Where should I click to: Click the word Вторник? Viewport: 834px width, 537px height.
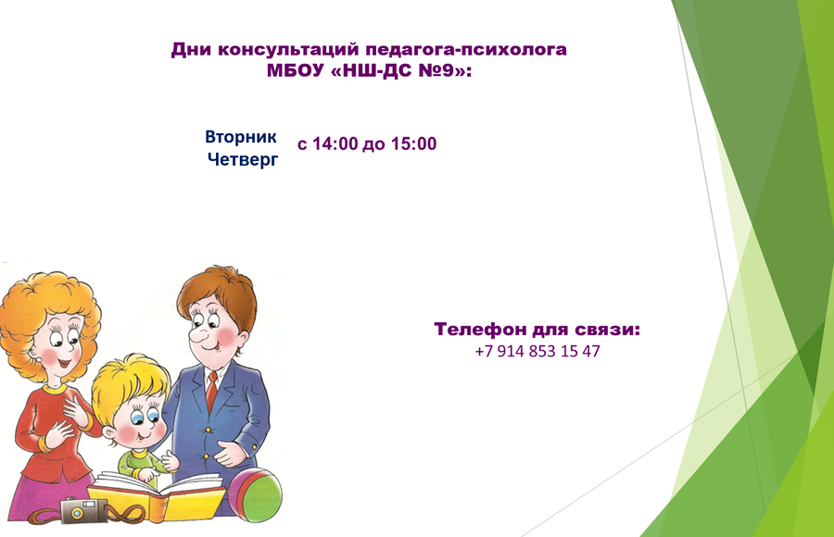240,137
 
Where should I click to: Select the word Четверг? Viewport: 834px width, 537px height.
243,159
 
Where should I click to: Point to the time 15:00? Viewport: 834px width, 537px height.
413,144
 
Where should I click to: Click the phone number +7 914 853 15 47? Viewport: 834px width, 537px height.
537,352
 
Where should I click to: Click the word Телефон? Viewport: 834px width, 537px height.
480,330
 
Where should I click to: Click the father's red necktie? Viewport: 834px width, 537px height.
211,392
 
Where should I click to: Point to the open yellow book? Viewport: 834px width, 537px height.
158,494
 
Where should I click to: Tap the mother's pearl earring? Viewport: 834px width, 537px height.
39,360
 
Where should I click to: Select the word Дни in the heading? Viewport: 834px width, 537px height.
192,49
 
